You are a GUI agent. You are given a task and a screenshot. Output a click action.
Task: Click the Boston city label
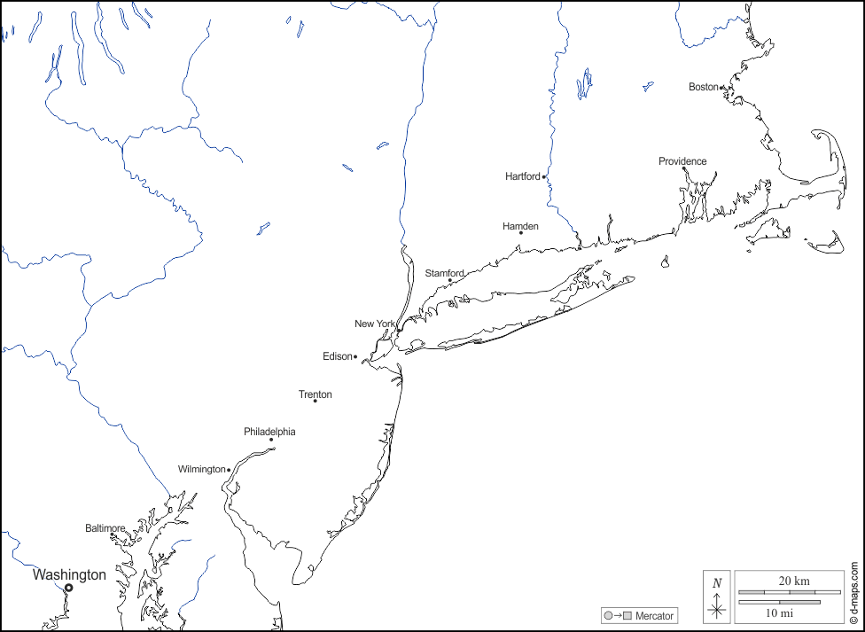click(x=703, y=87)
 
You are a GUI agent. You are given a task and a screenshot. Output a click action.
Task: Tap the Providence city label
click(x=682, y=161)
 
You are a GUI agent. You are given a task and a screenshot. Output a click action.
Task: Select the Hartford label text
click(x=522, y=176)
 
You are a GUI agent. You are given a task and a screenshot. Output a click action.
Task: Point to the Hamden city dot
click(x=521, y=233)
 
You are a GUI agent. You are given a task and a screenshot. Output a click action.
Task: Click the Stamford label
click(x=444, y=273)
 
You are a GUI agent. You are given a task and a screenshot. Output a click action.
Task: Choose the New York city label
click(x=374, y=324)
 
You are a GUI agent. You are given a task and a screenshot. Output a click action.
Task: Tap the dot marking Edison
click(x=355, y=357)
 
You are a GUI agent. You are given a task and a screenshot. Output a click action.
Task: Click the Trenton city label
click(x=316, y=394)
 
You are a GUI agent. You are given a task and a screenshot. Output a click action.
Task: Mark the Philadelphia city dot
click(x=271, y=439)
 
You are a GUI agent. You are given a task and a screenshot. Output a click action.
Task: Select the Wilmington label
click(x=201, y=469)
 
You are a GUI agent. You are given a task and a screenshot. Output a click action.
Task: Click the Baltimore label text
click(x=105, y=528)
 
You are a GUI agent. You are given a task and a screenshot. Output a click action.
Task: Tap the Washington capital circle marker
click(x=68, y=588)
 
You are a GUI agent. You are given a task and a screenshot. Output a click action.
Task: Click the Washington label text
click(x=69, y=574)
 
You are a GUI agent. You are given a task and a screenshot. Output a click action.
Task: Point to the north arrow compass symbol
click(x=717, y=597)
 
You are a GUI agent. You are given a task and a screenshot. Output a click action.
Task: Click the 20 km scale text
click(x=794, y=581)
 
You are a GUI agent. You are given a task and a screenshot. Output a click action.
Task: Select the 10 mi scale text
click(x=779, y=612)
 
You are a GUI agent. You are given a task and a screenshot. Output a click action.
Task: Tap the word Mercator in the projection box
click(x=654, y=616)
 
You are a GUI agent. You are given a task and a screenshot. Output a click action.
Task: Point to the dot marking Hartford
click(x=543, y=177)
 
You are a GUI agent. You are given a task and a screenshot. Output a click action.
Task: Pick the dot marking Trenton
click(x=315, y=402)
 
